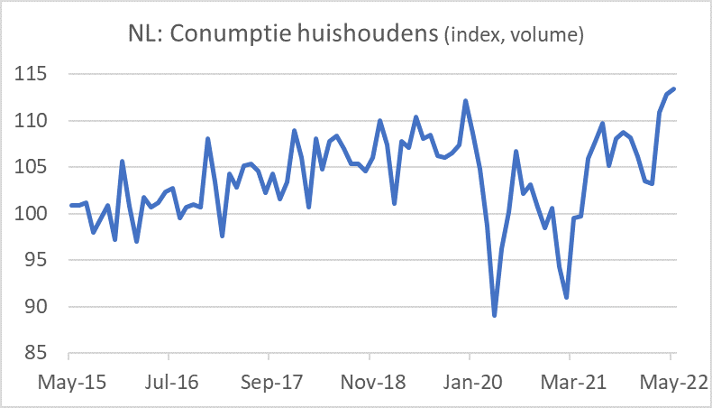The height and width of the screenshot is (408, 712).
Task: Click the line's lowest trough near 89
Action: pos(495,315)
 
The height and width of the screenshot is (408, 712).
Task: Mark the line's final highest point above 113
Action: pos(674,88)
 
